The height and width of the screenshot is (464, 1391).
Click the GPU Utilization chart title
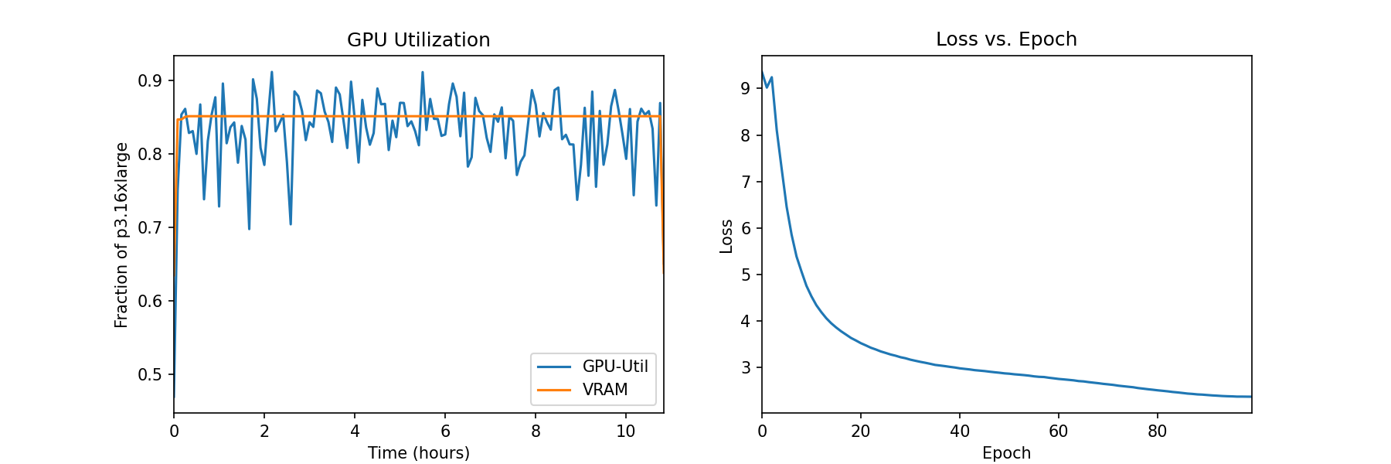tap(418, 40)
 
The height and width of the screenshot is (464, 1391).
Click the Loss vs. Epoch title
tap(1006, 39)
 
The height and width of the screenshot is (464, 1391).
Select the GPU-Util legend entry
tap(614, 367)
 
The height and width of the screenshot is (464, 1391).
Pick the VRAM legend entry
tap(604, 390)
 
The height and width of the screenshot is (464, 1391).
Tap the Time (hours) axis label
tap(418, 453)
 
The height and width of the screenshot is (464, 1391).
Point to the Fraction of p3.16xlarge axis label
tap(121, 235)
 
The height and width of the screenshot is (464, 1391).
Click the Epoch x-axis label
tap(1006, 453)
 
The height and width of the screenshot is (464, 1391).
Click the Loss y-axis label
tap(726, 237)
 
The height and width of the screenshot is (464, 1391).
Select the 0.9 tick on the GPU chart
tap(150, 81)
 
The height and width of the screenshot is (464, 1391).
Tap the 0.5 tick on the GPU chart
tap(150, 375)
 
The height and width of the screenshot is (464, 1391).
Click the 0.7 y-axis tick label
tap(150, 228)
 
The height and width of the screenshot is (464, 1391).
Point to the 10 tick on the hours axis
tap(626, 432)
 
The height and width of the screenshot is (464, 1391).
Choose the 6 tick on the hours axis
tap(445, 432)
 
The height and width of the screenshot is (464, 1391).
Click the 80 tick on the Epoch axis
tap(1157, 432)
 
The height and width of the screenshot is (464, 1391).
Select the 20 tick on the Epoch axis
tap(861, 432)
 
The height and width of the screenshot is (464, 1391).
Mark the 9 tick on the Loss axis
tap(746, 89)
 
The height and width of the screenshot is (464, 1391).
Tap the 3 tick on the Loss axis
tap(746, 368)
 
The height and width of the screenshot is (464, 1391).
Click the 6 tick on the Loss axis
tap(746, 229)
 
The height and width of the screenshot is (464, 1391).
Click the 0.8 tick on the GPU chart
tap(150, 155)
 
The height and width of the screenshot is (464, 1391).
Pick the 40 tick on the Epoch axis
tap(960, 432)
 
